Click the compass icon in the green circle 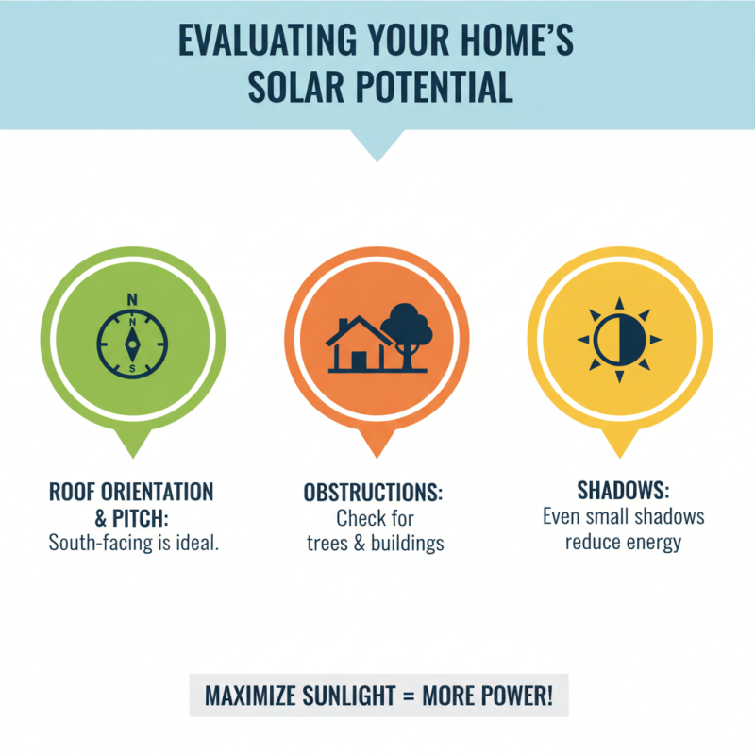pyautogui.click(x=132, y=341)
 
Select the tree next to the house pyautogui.click(x=408, y=331)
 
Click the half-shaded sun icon pyautogui.click(x=618, y=340)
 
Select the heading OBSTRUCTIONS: pyautogui.click(x=373, y=494)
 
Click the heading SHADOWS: pyautogui.click(x=623, y=493)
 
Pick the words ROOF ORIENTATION pyautogui.click(x=130, y=493)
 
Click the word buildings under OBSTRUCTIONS pyautogui.click(x=404, y=543)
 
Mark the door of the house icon pyautogui.click(x=359, y=360)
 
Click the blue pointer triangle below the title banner pyautogui.click(x=377, y=144)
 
